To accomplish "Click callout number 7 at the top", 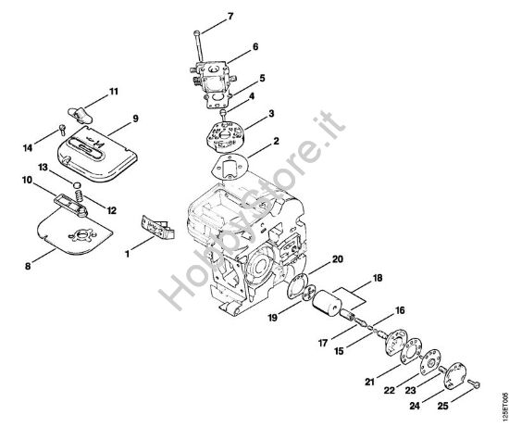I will coord(230,17).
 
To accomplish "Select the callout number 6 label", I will coord(254,45).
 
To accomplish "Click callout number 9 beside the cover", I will coord(135,119).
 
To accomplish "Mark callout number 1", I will coord(129,248).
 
